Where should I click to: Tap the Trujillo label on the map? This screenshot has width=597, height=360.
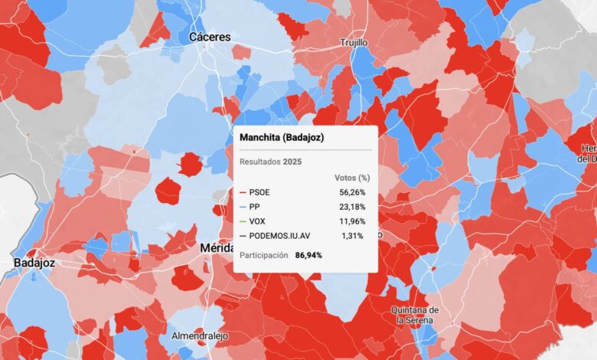354,43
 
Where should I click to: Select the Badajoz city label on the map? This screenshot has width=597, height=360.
34,263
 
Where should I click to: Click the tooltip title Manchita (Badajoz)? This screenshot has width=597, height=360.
281,136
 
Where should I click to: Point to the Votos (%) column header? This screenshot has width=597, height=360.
353,178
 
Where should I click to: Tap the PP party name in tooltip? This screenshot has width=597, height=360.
256,207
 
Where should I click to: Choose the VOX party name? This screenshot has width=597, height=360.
258,221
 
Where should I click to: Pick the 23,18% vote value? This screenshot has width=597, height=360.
352,207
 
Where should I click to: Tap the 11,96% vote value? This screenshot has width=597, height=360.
352,221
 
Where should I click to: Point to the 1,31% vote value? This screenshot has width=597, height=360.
354,236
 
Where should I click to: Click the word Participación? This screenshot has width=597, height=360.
263,254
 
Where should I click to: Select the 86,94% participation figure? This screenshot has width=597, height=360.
309,254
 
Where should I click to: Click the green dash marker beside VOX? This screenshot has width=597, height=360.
243,221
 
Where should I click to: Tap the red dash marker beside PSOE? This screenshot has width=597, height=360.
243,192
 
